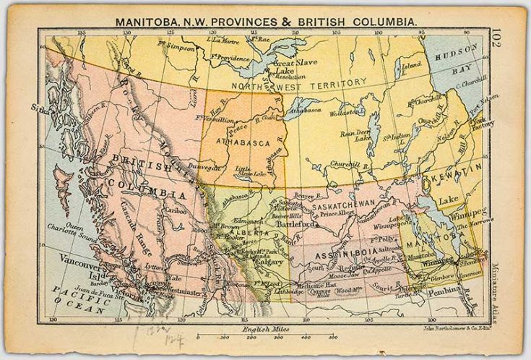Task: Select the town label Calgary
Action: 250,262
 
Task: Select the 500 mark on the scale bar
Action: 332,338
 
